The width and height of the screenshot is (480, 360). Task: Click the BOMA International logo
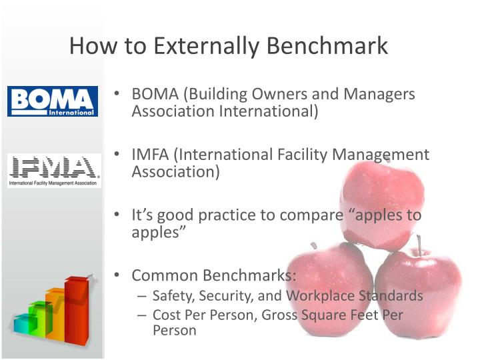(x=53, y=101)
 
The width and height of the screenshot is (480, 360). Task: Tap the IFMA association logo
(x=54, y=171)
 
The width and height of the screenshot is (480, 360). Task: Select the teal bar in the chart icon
(x=24, y=324)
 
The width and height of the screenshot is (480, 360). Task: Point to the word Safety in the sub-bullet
(x=171, y=295)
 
